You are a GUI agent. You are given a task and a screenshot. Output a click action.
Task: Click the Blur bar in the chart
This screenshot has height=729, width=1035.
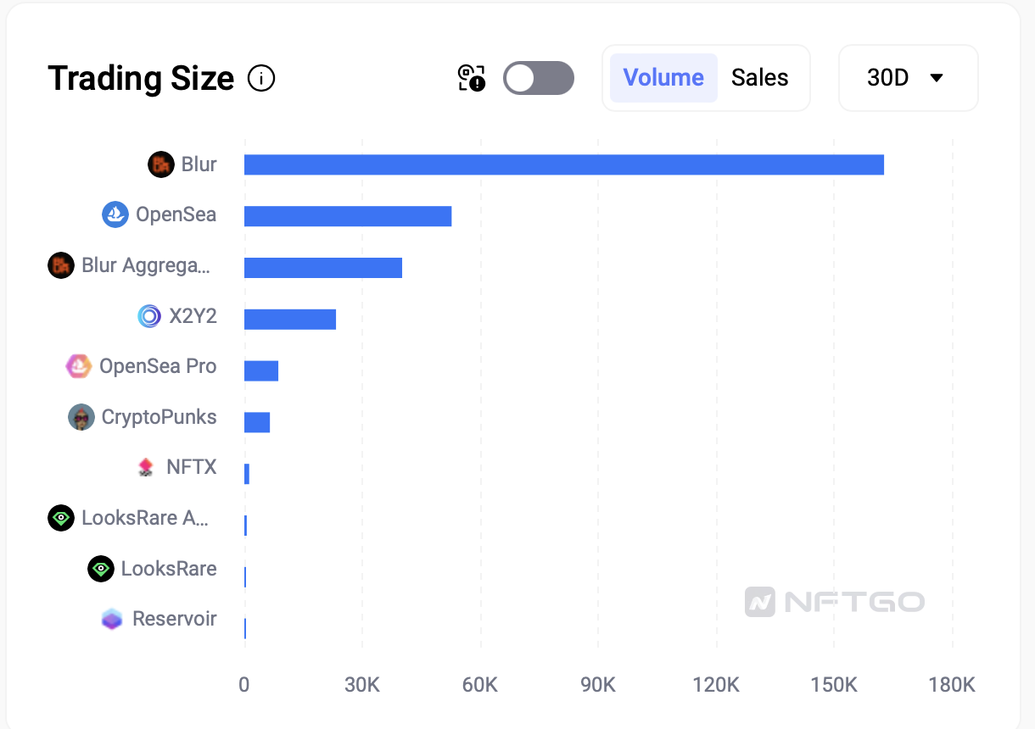coord(563,164)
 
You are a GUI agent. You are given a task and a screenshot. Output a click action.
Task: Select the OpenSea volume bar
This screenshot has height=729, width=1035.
coord(348,216)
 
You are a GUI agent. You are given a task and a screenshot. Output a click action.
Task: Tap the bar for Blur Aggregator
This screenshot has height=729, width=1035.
coord(322,268)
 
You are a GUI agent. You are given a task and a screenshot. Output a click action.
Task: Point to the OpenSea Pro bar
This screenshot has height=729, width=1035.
coord(261,370)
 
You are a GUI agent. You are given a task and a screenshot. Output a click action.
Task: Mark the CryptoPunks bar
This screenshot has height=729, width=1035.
coord(257,422)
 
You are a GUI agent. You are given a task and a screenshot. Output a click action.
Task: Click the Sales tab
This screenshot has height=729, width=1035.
coord(759,78)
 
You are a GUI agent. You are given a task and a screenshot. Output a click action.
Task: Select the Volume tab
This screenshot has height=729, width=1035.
coord(663,78)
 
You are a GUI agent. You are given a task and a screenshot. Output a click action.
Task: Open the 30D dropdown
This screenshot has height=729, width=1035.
coord(907,78)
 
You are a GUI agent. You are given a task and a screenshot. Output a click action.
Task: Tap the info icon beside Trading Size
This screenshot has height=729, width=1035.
coord(261,79)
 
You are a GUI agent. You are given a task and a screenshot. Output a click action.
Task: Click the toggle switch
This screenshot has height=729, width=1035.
coord(538,78)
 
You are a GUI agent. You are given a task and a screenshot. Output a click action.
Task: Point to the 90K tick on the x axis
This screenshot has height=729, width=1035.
coord(598,685)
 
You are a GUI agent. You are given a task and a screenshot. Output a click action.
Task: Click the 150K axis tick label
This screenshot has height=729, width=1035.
coord(834,685)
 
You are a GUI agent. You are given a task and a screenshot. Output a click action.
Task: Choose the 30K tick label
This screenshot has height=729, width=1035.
coord(362,685)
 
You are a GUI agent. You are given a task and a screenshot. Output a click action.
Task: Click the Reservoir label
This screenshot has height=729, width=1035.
coord(174,619)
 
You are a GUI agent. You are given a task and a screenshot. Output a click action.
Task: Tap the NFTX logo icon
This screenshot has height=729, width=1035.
coord(146,467)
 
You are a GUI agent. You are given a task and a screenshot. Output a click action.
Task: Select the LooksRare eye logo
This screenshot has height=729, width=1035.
coord(101,569)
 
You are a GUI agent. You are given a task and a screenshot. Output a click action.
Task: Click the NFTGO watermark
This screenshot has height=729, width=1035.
coord(835,602)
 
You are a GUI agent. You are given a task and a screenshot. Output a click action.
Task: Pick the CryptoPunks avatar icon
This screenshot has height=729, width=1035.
coord(81,417)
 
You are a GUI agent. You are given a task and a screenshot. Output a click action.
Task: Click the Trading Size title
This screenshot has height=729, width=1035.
coord(141,79)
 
